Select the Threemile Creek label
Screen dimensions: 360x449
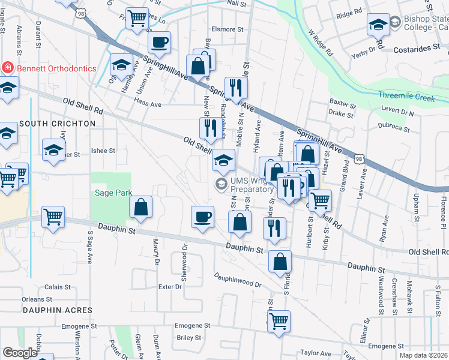[406, 95]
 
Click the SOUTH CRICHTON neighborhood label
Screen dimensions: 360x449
[58, 123]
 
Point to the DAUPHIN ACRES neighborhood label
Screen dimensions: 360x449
[58, 310]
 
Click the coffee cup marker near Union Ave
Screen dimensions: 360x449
[160, 43]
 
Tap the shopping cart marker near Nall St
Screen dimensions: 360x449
[138, 19]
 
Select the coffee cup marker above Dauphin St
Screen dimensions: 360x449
[202, 216]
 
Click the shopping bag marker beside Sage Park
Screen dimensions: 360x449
[140, 208]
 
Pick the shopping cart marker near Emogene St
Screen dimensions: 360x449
[279, 320]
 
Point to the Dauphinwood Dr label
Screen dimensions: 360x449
[238, 280]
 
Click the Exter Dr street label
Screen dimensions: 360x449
[170, 287]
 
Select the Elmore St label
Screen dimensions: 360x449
[227, 28]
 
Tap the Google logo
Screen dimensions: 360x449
[20, 353]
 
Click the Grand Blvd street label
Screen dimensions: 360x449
[345, 176]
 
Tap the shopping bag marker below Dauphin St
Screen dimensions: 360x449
[280, 262]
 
